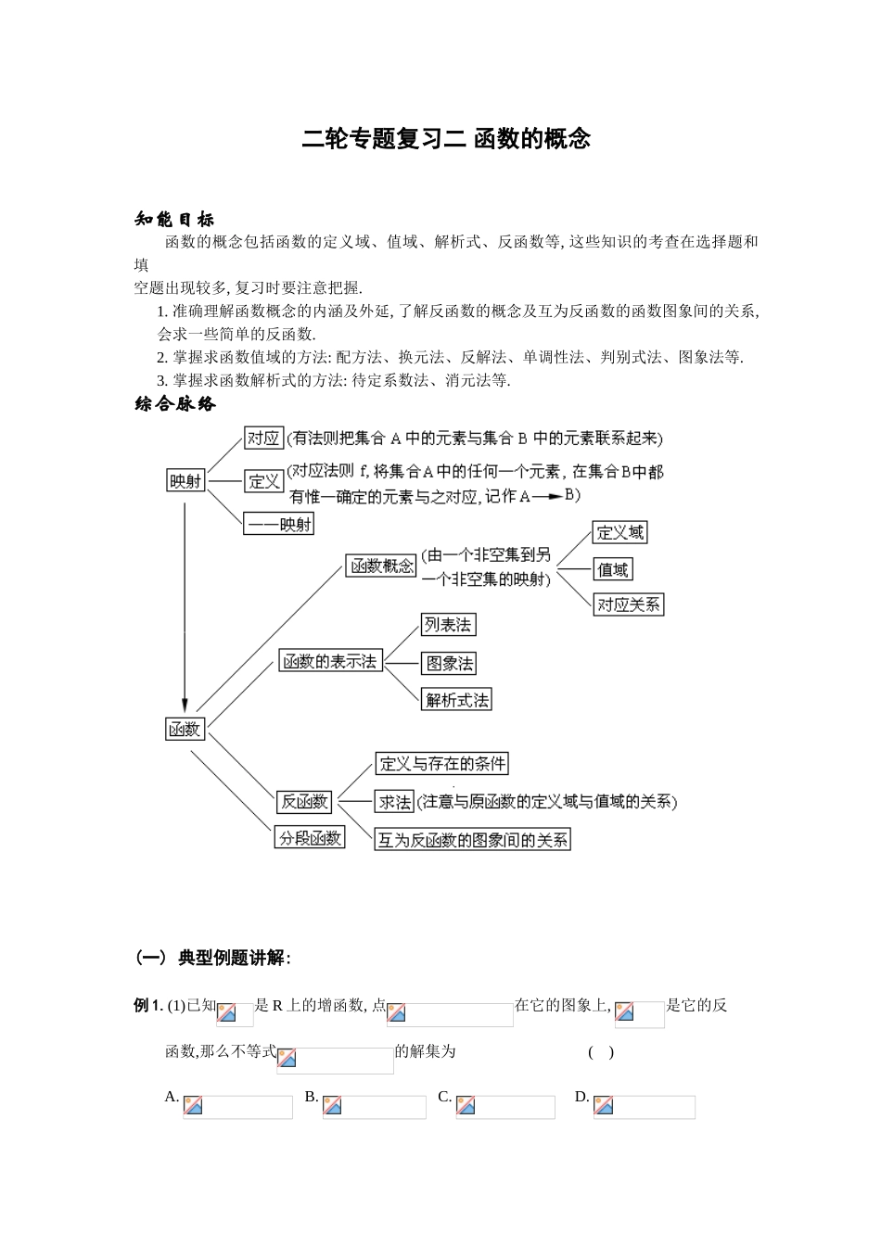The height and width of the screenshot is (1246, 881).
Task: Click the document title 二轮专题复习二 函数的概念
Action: (x=446, y=139)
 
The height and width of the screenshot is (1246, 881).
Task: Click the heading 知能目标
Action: (x=174, y=220)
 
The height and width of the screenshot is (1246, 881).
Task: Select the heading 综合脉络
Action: (x=174, y=404)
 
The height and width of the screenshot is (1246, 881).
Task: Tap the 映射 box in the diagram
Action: (x=185, y=480)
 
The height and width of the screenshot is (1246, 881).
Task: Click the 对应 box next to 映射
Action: (x=262, y=439)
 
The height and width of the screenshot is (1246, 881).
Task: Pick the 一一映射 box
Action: (x=278, y=525)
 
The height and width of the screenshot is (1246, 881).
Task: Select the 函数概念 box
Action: (x=380, y=566)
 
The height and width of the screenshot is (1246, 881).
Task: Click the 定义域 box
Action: (x=619, y=532)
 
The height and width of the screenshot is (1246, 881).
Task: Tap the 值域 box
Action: (x=612, y=569)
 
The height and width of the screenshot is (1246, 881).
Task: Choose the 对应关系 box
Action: (x=629, y=604)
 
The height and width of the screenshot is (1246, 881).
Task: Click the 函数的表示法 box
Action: (x=330, y=661)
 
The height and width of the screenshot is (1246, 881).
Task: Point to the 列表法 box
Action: (x=448, y=625)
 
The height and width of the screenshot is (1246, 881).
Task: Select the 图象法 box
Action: (x=448, y=663)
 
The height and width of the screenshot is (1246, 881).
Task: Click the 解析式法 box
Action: (x=456, y=700)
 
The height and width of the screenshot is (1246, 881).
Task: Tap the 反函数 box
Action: (x=304, y=801)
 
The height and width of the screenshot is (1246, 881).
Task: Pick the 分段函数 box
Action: (x=310, y=838)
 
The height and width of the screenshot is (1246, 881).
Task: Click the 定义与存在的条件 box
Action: (x=442, y=764)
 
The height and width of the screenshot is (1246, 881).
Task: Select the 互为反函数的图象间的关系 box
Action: (x=472, y=840)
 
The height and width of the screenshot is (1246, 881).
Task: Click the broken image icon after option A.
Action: (x=193, y=1105)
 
